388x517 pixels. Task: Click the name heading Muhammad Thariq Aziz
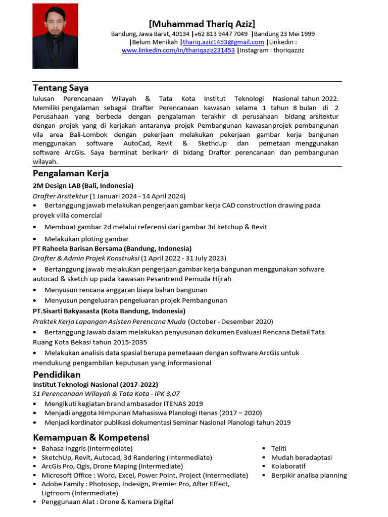202,24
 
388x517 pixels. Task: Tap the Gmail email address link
223,42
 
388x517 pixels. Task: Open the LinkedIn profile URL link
178,50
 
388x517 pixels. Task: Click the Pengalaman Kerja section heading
71,174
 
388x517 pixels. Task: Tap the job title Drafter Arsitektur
60,196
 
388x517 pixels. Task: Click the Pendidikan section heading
57,375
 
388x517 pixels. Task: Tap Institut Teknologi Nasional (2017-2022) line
95,385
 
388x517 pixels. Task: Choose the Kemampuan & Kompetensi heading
91,437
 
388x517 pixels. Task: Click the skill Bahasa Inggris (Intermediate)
87,448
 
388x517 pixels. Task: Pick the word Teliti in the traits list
279,448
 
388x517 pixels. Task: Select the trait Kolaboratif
288,466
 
